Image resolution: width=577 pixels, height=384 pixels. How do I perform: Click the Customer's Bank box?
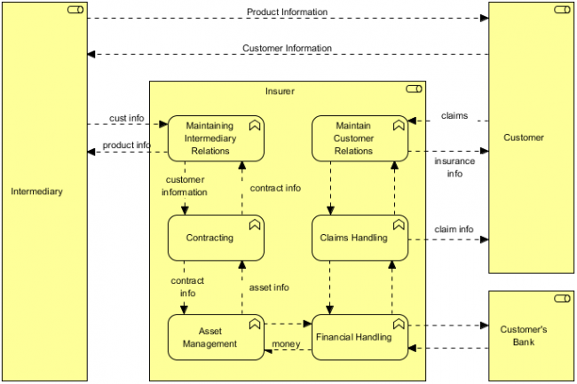[530, 335]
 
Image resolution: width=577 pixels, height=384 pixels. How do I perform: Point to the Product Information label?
[287, 12]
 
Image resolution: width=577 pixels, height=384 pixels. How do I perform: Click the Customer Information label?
[287, 48]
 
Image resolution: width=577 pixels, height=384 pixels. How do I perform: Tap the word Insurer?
[280, 90]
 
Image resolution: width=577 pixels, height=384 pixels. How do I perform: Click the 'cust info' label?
[128, 118]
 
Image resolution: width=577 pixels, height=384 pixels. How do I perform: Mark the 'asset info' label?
[269, 287]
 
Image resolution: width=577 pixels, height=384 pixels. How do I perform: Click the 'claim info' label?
[453, 230]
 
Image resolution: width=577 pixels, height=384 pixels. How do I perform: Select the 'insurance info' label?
[454, 167]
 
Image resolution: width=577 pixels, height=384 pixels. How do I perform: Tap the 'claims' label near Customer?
[454, 114]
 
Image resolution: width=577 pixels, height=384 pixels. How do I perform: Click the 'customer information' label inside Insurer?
[186, 186]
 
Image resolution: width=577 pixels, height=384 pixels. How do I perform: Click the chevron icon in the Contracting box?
[254, 225]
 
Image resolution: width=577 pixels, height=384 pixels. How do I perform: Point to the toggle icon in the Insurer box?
[413, 90]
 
